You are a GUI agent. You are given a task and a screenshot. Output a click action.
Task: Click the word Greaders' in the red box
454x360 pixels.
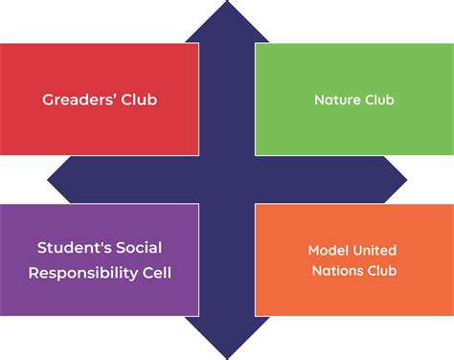(79, 100)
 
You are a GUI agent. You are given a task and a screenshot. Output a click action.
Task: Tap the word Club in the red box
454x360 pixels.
(139, 100)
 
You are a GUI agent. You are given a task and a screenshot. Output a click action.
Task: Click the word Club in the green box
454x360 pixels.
(379, 100)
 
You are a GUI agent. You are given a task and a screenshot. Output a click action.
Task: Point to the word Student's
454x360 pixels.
(74, 248)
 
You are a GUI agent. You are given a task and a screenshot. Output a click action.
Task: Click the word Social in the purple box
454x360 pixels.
(139, 248)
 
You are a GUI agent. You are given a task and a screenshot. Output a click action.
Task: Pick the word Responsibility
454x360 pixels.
(83, 273)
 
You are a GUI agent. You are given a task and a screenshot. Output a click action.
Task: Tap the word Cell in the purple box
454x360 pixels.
(157, 273)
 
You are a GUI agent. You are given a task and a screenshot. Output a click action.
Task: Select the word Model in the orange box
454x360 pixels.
(329, 251)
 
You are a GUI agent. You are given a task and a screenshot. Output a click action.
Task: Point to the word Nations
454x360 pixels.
(337, 271)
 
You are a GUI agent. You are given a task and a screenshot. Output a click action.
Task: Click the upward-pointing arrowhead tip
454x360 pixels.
(227, 1)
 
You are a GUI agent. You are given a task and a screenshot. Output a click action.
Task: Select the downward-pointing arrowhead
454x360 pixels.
(227, 338)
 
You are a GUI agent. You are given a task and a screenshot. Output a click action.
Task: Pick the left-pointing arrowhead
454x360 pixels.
(59, 180)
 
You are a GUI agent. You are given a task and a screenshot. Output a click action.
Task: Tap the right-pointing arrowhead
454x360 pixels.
(396, 180)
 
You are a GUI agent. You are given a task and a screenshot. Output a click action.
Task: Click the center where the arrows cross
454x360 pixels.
(227, 180)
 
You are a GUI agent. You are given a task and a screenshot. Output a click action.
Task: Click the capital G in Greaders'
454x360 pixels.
(48, 100)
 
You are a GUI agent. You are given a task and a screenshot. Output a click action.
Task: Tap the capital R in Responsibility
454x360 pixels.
(34, 273)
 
